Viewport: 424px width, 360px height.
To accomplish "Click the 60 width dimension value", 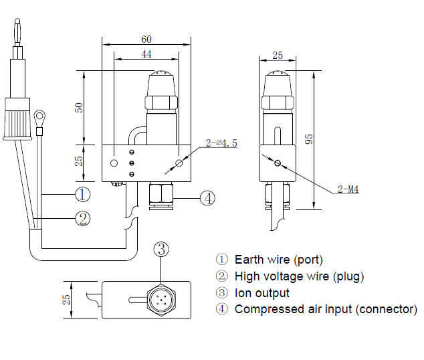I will (146, 39).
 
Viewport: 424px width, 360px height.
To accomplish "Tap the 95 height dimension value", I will (310, 139).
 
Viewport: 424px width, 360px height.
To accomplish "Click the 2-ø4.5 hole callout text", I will (221, 143).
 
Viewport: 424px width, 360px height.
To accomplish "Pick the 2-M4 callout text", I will (348, 190).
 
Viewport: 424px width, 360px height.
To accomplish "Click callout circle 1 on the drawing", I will (82, 195).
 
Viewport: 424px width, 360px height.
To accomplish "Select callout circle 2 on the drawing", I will (82, 218).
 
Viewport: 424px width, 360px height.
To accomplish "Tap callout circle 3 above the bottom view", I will (162, 250).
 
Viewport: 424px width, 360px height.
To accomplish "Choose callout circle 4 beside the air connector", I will (208, 198).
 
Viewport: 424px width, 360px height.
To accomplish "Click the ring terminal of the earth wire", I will (41, 119).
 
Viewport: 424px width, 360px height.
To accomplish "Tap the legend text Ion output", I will (261, 292).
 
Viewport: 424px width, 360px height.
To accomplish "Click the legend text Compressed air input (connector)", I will (325, 309).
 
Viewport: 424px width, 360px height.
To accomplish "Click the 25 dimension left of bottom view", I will (67, 299).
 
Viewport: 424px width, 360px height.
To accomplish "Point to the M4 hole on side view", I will (277, 161).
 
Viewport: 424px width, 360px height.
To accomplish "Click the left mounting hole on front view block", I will (114, 163).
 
